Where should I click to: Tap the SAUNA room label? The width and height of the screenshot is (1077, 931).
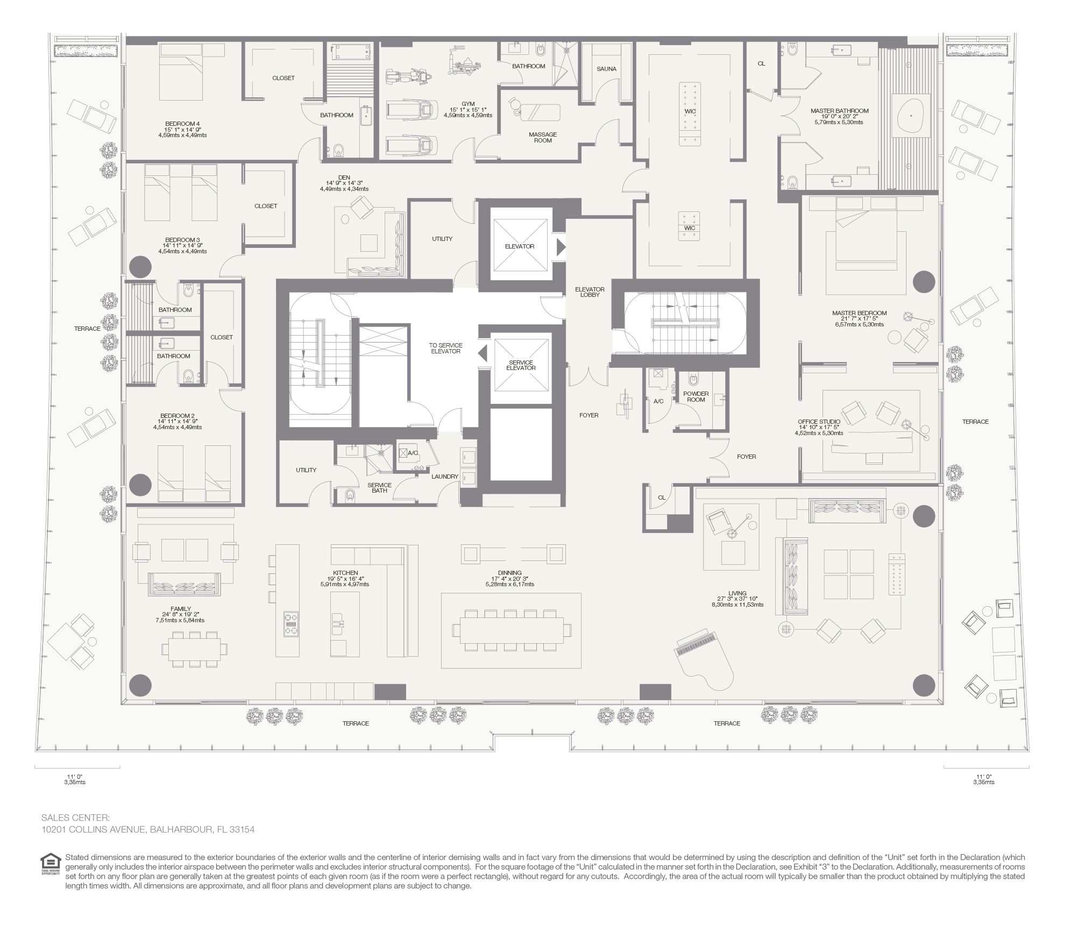[606, 69]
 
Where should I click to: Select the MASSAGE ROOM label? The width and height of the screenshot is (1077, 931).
[543, 138]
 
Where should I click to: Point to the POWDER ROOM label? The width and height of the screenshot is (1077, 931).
[696, 397]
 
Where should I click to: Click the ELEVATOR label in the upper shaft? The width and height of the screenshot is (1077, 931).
[520, 246]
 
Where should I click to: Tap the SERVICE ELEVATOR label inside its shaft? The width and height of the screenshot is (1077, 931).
[521, 365]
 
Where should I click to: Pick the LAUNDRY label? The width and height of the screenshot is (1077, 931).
[444, 477]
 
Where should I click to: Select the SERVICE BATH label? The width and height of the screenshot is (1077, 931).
[379, 488]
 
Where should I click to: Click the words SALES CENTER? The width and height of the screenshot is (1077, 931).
[75, 818]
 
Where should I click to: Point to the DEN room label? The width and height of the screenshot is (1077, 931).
[344, 177]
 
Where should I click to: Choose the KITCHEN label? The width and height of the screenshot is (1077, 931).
[345, 573]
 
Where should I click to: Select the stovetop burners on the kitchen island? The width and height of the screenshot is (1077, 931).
[292, 624]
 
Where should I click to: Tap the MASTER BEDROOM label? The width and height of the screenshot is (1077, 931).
[859, 313]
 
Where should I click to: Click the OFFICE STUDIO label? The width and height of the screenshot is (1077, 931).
[819, 422]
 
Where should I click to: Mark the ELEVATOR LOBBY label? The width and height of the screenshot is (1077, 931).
[590, 292]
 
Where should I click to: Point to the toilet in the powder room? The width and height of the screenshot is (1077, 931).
[693, 380]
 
